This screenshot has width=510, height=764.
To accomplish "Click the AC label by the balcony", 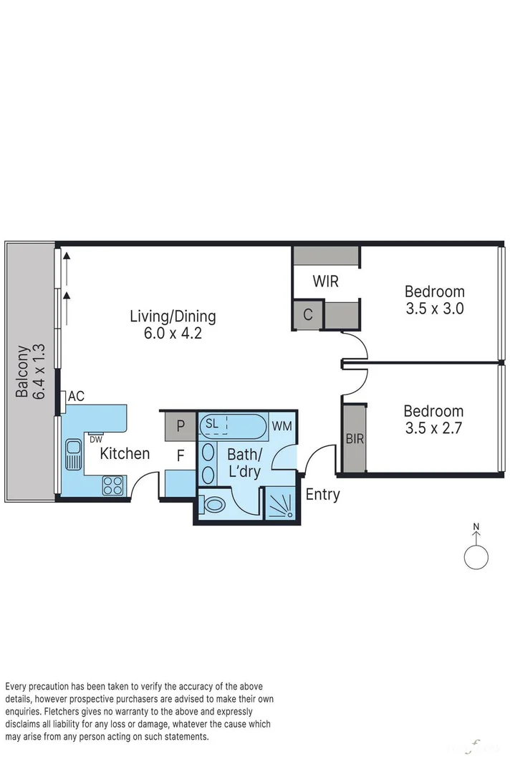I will [77, 397].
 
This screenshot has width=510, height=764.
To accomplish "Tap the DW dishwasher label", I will [96, 439].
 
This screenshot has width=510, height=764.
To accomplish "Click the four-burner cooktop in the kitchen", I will [113, 485].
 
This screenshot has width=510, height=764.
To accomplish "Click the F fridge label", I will [181, 454].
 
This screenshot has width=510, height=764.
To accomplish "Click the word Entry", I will [322, 494].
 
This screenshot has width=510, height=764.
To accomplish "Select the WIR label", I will [325, 281].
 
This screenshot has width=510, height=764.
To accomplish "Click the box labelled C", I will [307, 314].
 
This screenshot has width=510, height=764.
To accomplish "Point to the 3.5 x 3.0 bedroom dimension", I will [434, 309].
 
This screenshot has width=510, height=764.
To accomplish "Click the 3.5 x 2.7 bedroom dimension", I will [433, 429].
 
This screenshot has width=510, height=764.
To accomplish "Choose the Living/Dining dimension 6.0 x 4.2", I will [173, 333].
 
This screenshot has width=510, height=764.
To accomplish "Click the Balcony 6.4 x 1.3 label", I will [32, 371].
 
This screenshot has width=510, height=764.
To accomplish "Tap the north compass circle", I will [476, 556].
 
